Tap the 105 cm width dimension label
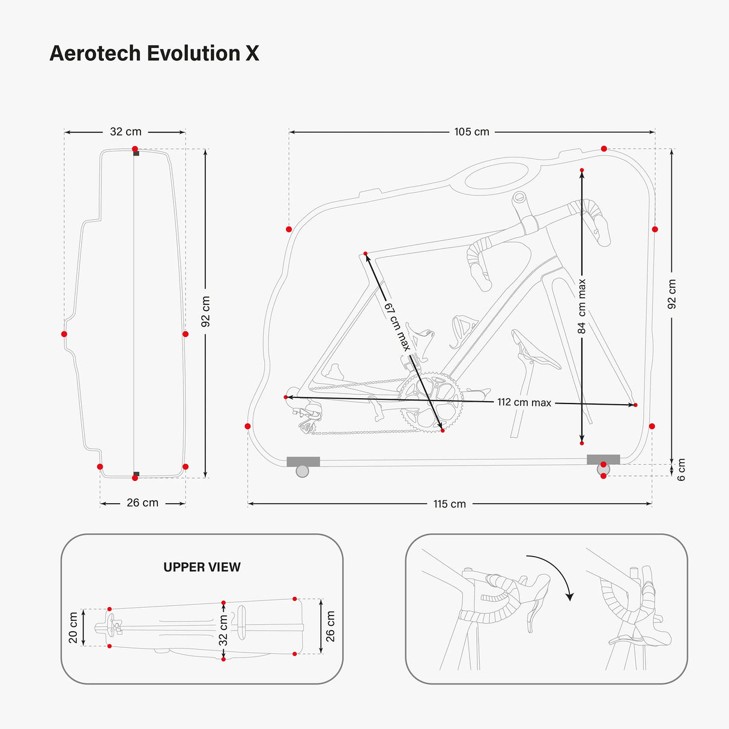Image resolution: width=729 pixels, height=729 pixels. (471, 132)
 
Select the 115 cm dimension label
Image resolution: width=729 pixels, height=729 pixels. (449, 504)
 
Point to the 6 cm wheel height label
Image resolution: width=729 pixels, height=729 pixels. (681, 470)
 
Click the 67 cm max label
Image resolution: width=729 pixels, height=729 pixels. (397, 327)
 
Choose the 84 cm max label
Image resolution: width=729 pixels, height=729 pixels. (581, 306)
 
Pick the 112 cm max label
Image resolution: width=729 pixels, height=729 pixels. (524, 402)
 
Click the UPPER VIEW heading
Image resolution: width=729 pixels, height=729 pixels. (202, 567)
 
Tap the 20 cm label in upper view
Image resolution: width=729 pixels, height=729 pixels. (73, 628)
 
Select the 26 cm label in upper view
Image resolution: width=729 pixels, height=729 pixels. (330, 626)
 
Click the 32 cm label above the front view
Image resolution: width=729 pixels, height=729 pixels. (126, 132)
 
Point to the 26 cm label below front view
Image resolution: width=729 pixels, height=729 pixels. (142, 503)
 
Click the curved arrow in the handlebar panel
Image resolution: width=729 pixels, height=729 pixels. (555, 573)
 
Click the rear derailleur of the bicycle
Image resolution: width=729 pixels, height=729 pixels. (309, 417)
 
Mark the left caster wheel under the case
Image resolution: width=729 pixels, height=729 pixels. (303, 471)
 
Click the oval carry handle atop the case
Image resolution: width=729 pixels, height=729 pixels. (496, 176)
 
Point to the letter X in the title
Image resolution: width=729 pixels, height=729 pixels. (252, 53)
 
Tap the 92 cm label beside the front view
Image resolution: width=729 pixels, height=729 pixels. (205, 311)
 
